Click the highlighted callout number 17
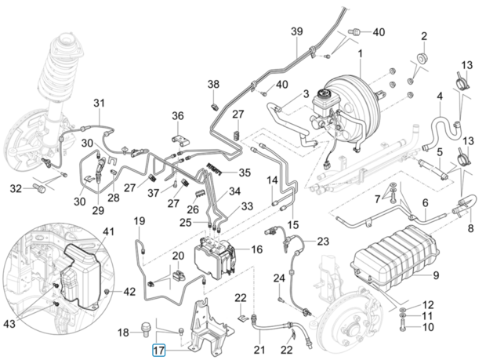pyautogui.click(x=158, y=351)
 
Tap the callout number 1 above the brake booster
pyautogui.click(x=360, y=54)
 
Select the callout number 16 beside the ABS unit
pyautogui.click(x=256, y=249)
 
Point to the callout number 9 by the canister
pyautogui.click(x=436, y=275)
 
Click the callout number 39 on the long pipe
pyautogui.click(x=296, y=31)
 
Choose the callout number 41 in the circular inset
pyautogui.click(x=108, y=231)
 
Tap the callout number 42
pyautogui.click(x=129, y=292)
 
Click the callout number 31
pyautogui.click(x=100, y=103)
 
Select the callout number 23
pyautogui.click(x=323, y=241)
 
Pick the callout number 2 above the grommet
pyautogui.click(x=424, y=36)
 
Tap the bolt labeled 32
pyautogui.click(x=38, y=187)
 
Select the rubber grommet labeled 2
pyautogui.click(x=421, y=58)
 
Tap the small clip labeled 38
pyautogui.click(x=215, y=107)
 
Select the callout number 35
pyautogui.click(x=245, y=173)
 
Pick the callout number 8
pyautogui.click(x=470, y=228)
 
